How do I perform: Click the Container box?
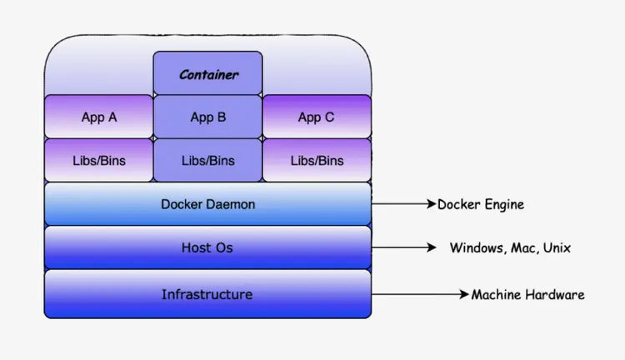pos(207,73)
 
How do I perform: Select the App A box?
pos(99,117)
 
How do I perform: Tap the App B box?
pos(207,117)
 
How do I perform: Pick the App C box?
pos(317,117)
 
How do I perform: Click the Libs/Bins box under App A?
pos(99,160)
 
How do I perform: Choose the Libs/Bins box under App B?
pos(207,160)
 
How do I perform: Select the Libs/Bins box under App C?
pos(317,160)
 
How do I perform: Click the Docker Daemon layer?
pos(207,203)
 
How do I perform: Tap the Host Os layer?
pos(207,247)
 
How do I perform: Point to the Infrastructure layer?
pos(207,294)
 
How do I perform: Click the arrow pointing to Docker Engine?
pos(403,204)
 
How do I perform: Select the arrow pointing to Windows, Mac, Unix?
pos(403,247)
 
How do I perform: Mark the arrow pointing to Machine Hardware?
pos(420,295)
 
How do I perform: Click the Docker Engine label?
pos(481,204)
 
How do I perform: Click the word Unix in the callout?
pos(557,247)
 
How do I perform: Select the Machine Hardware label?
pos(527,295)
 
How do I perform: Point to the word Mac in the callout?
pos(523,247)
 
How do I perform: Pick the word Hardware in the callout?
pos(555,295)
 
